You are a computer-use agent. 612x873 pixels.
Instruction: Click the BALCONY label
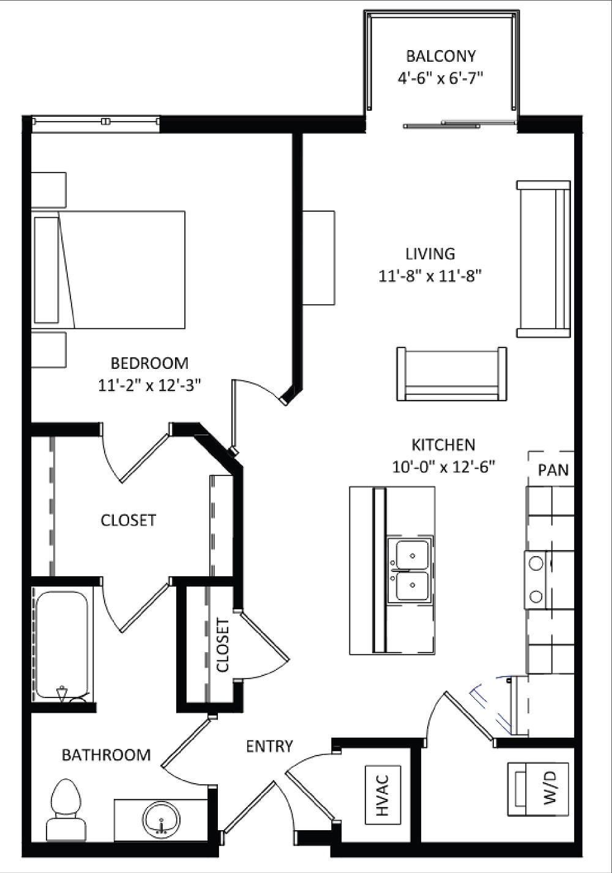(x=441, y=56)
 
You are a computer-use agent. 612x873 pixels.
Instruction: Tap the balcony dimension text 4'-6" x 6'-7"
(x=441, y=78)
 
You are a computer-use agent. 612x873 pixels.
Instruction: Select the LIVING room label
(x=430, y=253)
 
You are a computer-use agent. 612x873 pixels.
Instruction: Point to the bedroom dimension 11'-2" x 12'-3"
(x=149, y=385)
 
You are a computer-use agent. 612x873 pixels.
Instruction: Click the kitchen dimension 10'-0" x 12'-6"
(x=443, y=467)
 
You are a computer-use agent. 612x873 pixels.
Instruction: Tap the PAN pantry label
(x=553, y=470)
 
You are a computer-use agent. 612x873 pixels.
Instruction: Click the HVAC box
(x=382, y=794)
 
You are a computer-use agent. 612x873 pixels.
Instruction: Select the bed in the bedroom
(x=110, y=270)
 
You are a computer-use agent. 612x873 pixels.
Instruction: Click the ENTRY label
(x=269, y=746)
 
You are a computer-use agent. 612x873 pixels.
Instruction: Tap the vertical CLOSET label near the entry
(x=223, y=645)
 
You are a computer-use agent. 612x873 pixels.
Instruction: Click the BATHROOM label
(x=106, y=754)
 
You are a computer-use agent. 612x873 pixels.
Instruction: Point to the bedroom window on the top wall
(x=95, y=122)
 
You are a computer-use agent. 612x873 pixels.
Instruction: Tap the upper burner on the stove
(x=537, y=563)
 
